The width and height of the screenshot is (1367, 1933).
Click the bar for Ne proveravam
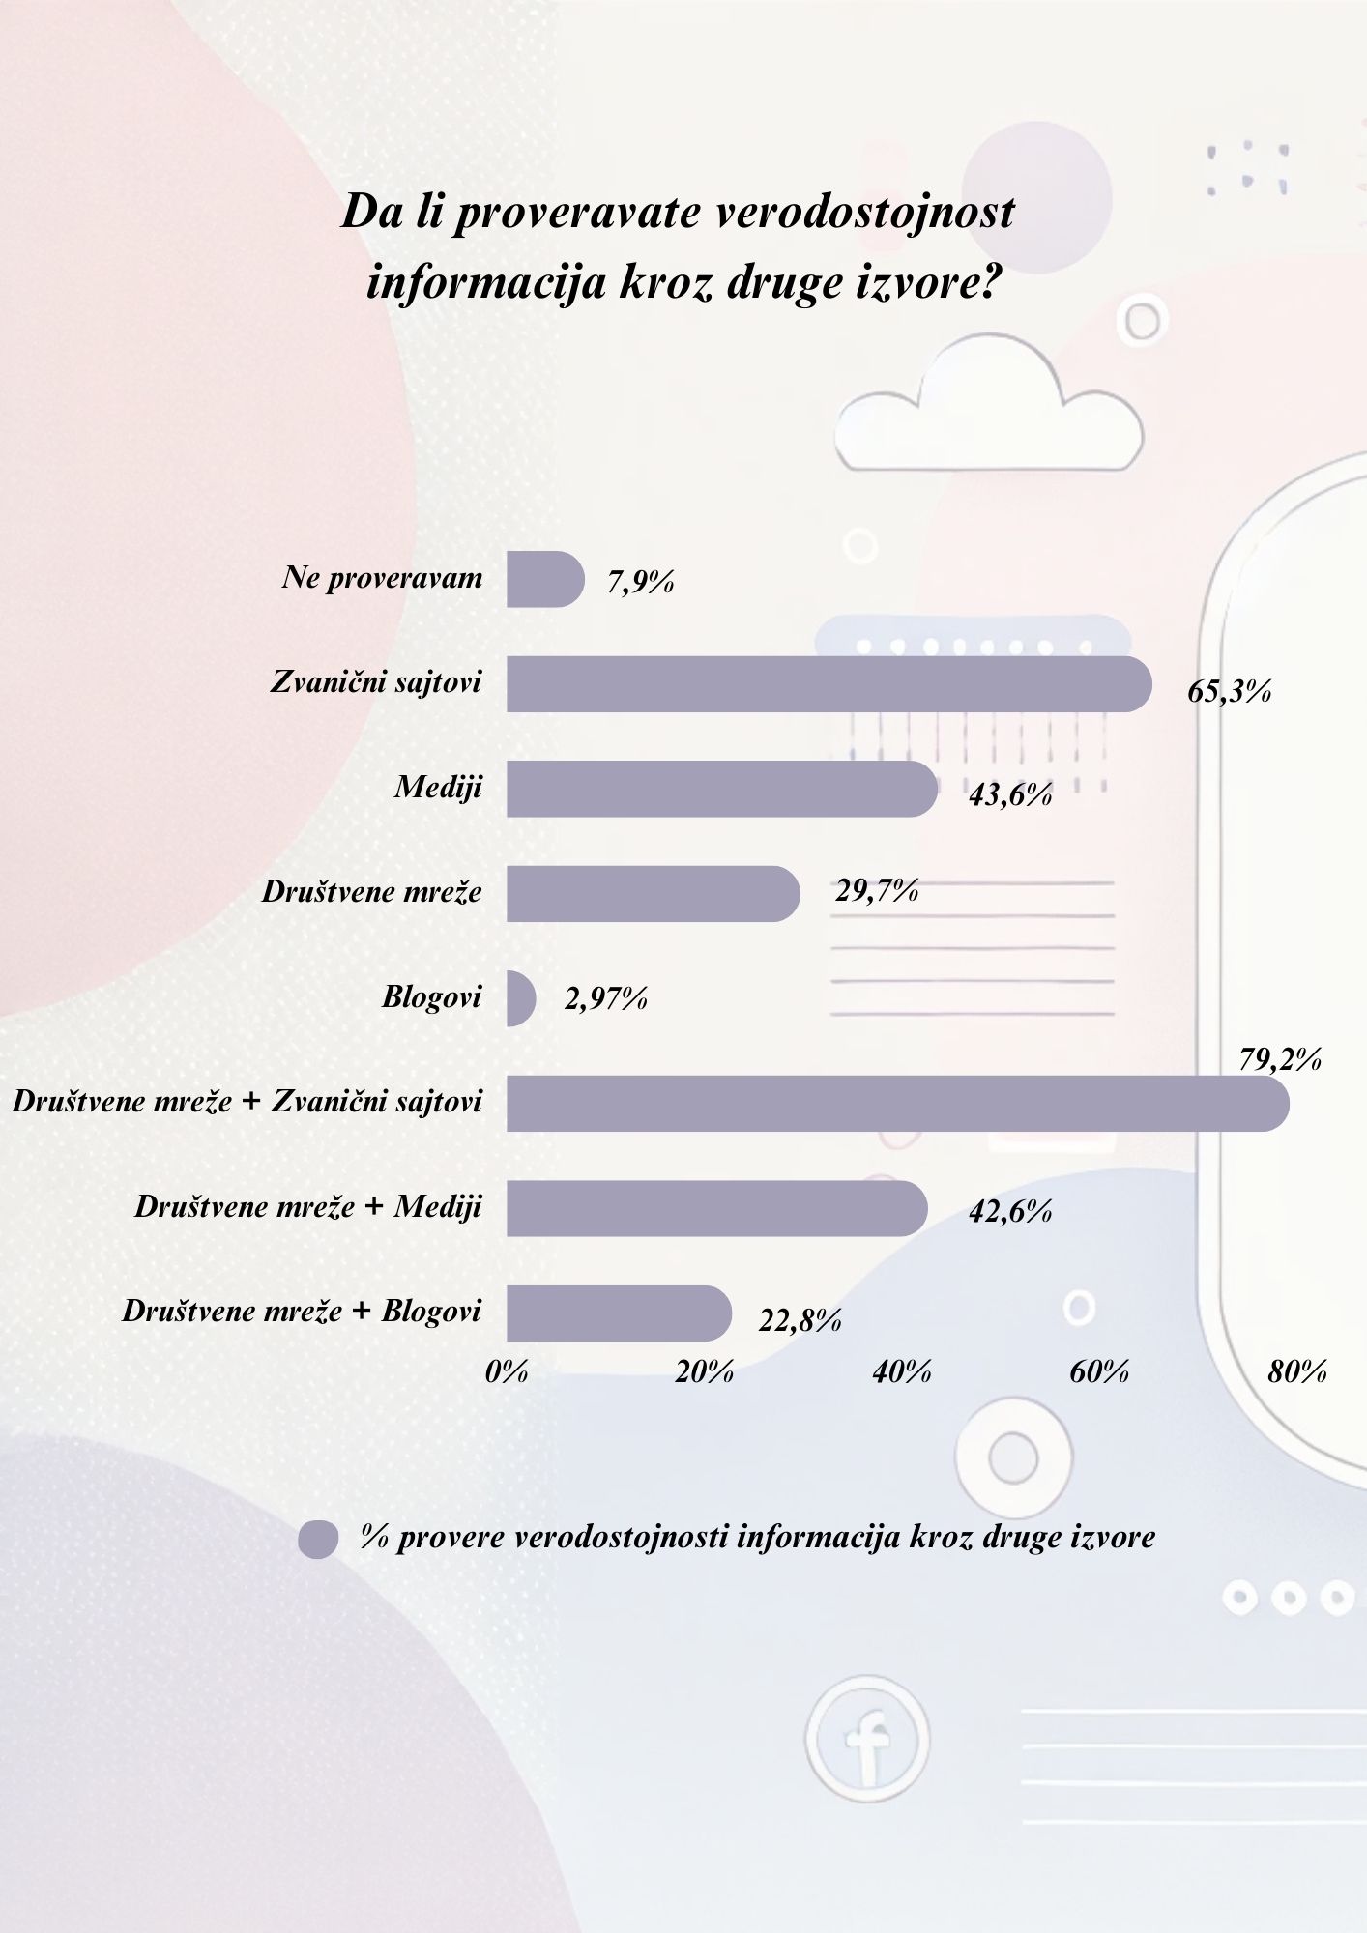coord(544,580)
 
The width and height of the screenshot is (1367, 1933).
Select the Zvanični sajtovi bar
coord(829,684)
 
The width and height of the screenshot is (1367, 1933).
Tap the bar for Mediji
coord(721,789)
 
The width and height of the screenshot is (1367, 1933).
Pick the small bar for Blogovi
coord(520,998)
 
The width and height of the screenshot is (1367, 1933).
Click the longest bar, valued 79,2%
coord(897,1103)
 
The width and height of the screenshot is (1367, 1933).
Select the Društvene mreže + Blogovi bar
coord(619,1313)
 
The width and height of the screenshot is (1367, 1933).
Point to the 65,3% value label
coord(1229,691)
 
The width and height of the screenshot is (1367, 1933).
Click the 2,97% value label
coord(605,998)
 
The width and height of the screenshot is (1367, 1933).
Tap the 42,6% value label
coord(1010,1211)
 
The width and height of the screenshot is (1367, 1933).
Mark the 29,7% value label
coord(876,890)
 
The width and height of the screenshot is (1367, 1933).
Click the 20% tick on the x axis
coord(704,1371)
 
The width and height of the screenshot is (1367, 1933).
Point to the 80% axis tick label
coord(1296,1371)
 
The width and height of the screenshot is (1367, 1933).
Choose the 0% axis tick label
coord(507,1371)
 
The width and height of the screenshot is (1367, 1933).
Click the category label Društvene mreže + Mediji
coord(307,1206)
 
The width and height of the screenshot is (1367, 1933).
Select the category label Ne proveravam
coord(382,578)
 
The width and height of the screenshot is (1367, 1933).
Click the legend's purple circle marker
coord(318,1539)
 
